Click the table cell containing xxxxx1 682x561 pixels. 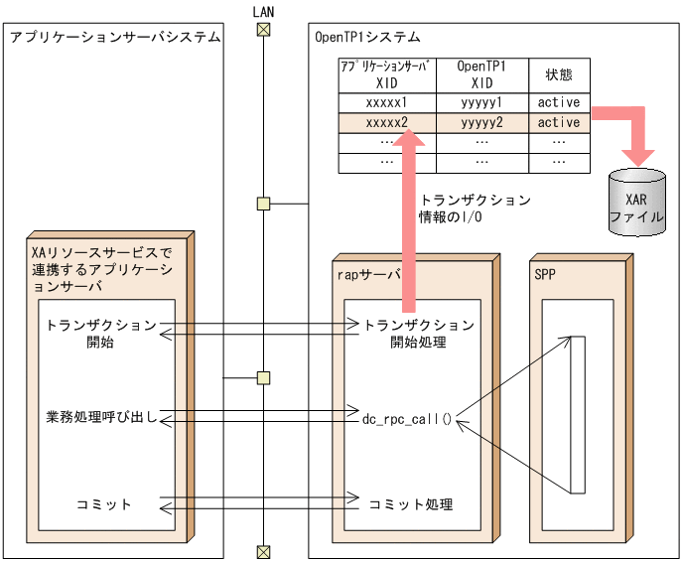pyautogui.click(x=386, y=102)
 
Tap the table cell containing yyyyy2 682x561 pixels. pyautogui.click(x=481, y=122)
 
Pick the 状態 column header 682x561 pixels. pyautogui.click(x=559, y=74)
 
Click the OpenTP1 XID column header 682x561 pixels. pyautogui.click(x=481, y=74)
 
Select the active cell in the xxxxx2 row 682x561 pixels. pyautogui.click(x=559, y=122)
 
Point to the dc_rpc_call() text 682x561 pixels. pyautogui.click(x=407, y=418)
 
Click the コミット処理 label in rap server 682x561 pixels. pyautogui.click(x=411, y=504)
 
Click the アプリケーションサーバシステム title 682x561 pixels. pyautogui.click(x=114, y=37)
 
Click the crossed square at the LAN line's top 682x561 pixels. pyautogui.click(x=263, y=29)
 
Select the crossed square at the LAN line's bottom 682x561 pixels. pyautogui.click(x=263, y=551)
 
